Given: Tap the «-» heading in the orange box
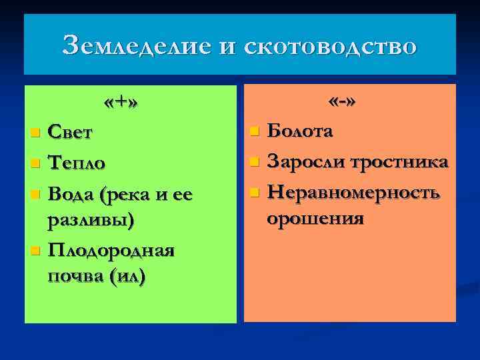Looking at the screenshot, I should tap(342, 103).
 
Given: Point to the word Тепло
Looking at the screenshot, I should tap(77, 163).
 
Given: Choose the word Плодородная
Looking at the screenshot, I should tap(111, 251).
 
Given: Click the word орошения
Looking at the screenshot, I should tap(315, 219).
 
